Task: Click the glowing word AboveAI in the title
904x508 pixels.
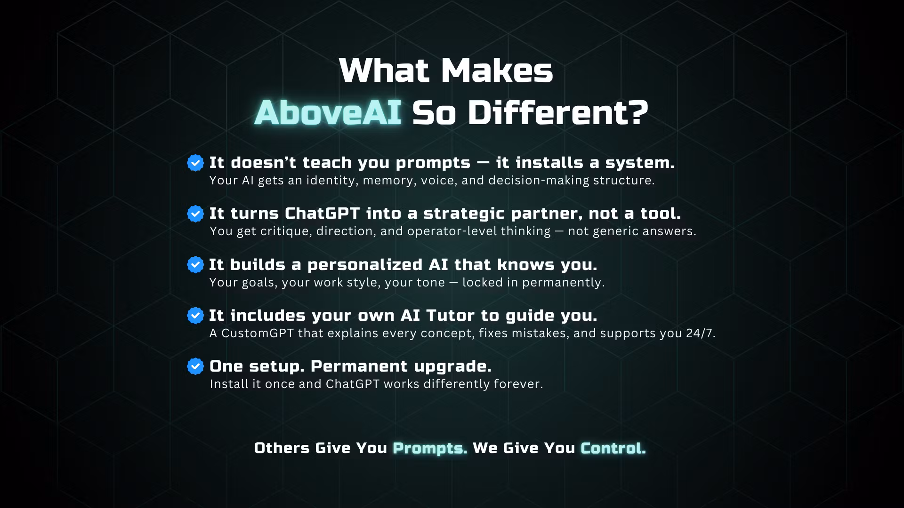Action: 328,113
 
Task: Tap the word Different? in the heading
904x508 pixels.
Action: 557,113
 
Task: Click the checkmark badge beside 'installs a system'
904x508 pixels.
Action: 195,163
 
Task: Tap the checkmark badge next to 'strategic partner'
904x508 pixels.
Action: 195,214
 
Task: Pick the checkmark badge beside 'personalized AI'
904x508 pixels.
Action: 195,264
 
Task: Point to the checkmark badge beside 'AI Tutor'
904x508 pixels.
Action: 195,315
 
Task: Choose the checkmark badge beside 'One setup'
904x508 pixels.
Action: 195,366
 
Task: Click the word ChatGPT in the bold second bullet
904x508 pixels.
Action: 322,214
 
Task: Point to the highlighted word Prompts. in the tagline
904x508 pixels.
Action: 430,448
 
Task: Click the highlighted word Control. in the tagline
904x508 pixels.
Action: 613,448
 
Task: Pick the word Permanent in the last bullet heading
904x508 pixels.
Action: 359,366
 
